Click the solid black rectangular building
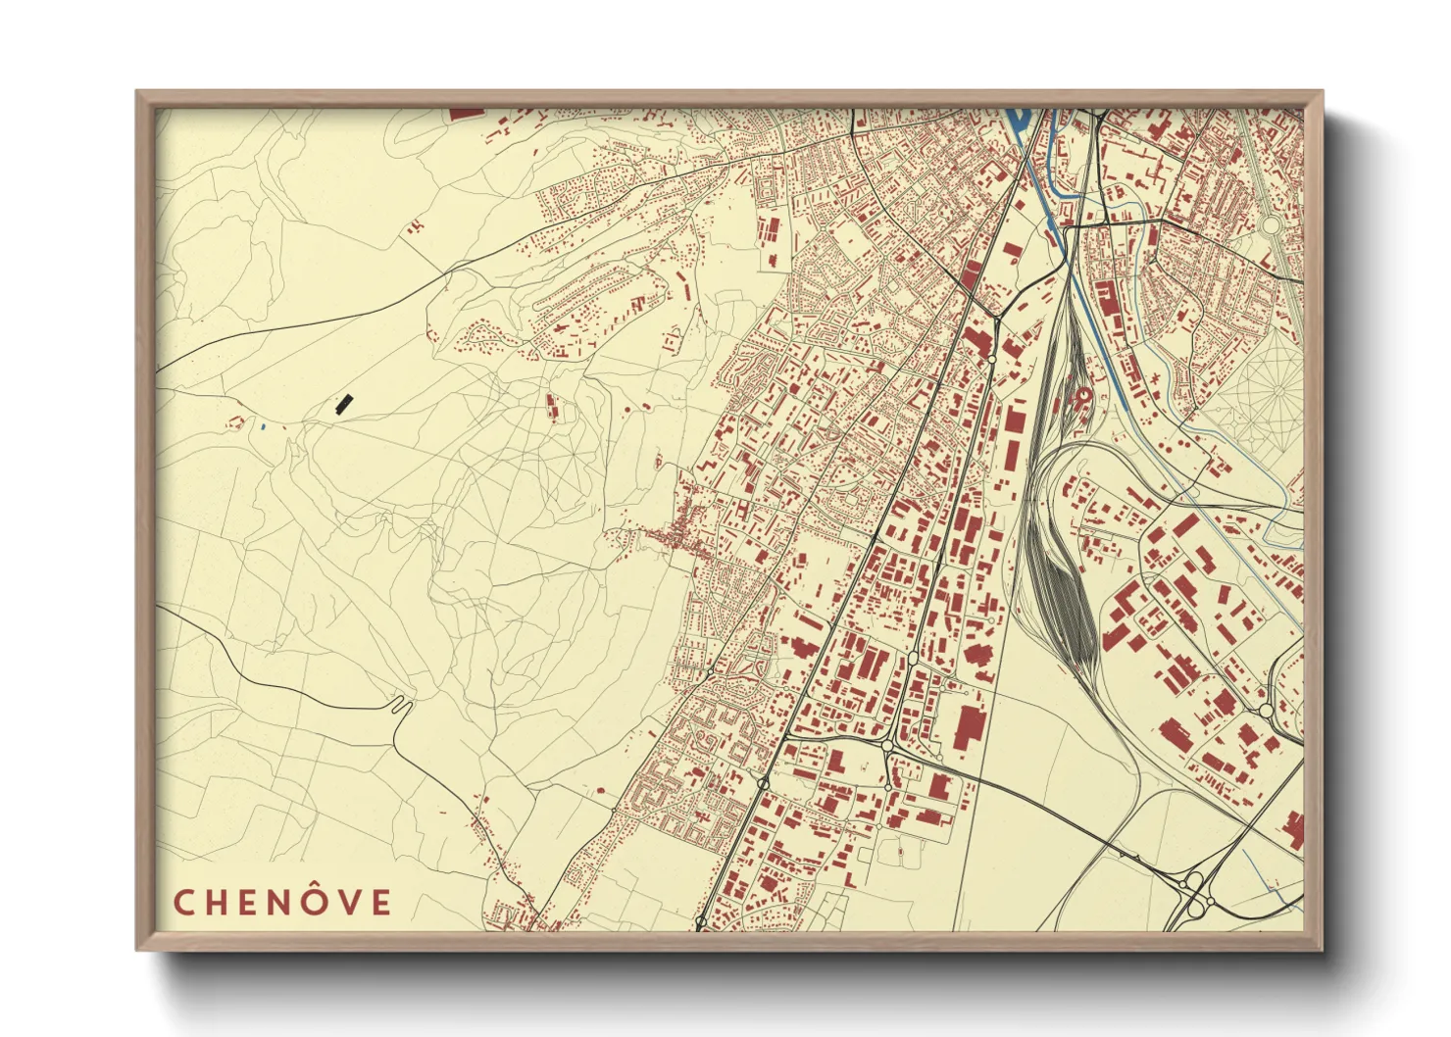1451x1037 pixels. (343, 404)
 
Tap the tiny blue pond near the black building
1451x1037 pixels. (263, 426)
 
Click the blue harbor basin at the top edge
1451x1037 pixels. (1016, 120)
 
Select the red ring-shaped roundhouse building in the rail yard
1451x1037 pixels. (1082, 396)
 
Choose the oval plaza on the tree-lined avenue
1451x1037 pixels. (1271, 224)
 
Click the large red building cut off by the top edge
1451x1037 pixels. (467, 114)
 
